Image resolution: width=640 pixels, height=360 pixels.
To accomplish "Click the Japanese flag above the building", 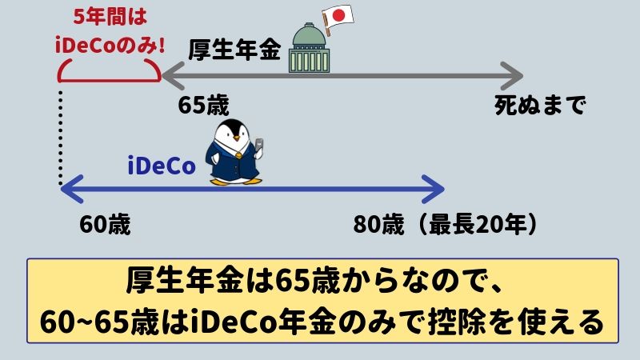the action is [338, 17].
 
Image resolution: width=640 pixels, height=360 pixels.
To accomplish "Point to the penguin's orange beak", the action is [236, 138].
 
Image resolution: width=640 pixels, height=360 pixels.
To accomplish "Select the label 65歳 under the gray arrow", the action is [204, 106].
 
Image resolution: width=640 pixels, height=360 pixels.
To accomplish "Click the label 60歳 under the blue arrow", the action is [105, 225].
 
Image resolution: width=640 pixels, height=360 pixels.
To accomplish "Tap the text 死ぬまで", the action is [540, 106].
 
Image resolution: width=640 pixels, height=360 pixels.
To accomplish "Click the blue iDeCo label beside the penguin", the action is [162, 166].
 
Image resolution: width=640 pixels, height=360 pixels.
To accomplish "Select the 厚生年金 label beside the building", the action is [234, 50].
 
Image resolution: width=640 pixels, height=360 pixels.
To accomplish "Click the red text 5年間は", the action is [110, 18].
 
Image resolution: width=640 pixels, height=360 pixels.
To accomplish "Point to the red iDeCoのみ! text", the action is [110, 45].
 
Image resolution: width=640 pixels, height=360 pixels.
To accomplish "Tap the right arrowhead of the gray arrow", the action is [513, 76].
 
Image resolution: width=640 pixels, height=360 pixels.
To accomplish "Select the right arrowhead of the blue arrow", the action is [434, 189].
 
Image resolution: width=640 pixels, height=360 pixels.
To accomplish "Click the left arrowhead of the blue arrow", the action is [72, 189].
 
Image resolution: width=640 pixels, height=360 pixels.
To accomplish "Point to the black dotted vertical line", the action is [61, 138].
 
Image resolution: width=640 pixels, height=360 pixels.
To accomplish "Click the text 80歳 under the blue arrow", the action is [378, 225].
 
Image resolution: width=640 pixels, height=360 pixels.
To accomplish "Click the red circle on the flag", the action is [338, 16].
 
